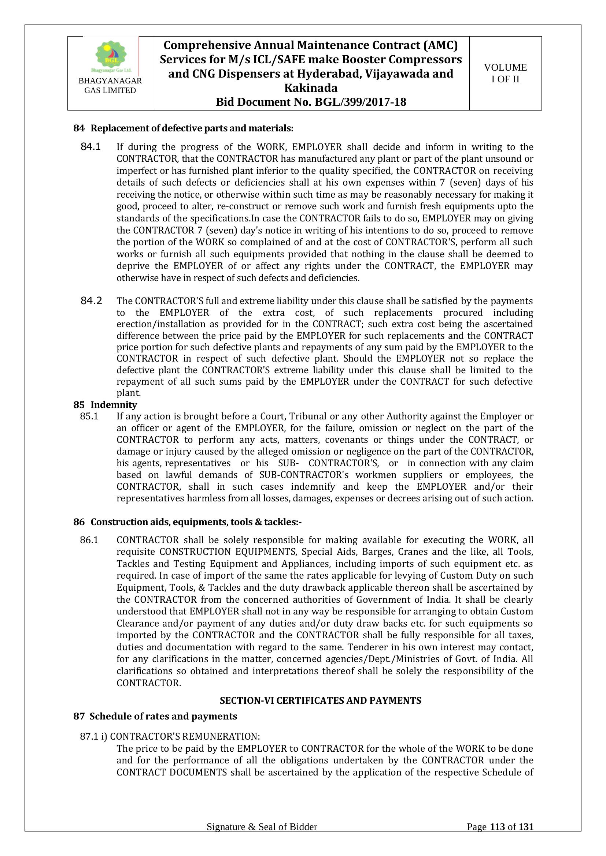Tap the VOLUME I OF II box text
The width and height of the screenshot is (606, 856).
tap(505, 74)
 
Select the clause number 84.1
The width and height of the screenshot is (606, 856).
tap(90, 147)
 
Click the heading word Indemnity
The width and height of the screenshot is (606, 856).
tap(114, 404)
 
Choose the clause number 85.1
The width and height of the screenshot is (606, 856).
tap(89, 416)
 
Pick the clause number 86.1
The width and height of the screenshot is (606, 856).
tap(89, 540)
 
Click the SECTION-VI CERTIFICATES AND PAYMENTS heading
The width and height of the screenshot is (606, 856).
tap(320, 700)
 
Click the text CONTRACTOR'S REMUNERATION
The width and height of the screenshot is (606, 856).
tap(184, 736)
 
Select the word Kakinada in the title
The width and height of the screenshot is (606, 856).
tap(311, 88)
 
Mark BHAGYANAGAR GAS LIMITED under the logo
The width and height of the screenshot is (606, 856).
tap(110, 85)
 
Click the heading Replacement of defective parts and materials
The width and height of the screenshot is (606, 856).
tap(192, 128)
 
